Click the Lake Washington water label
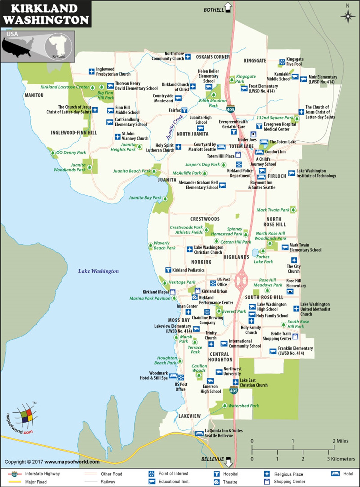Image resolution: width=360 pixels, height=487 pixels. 98,271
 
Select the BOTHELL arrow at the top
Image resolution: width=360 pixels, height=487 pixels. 228,7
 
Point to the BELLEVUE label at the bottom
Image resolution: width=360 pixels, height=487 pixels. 212,459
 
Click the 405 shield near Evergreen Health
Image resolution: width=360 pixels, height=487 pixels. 230,109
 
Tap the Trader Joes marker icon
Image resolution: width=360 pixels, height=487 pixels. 253,134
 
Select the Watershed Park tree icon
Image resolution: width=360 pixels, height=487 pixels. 224,406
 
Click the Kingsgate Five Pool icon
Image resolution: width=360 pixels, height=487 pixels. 282,62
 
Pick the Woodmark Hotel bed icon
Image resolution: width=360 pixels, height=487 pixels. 173,376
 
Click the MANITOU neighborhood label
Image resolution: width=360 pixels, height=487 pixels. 34,95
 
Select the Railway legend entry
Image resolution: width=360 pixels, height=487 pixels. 108,482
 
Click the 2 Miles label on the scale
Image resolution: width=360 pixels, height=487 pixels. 340,441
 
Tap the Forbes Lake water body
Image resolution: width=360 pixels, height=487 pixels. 255,252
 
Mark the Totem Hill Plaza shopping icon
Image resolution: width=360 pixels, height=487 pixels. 238,155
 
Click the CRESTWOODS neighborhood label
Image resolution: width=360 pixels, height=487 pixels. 205,219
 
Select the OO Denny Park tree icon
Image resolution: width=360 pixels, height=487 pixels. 53,153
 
